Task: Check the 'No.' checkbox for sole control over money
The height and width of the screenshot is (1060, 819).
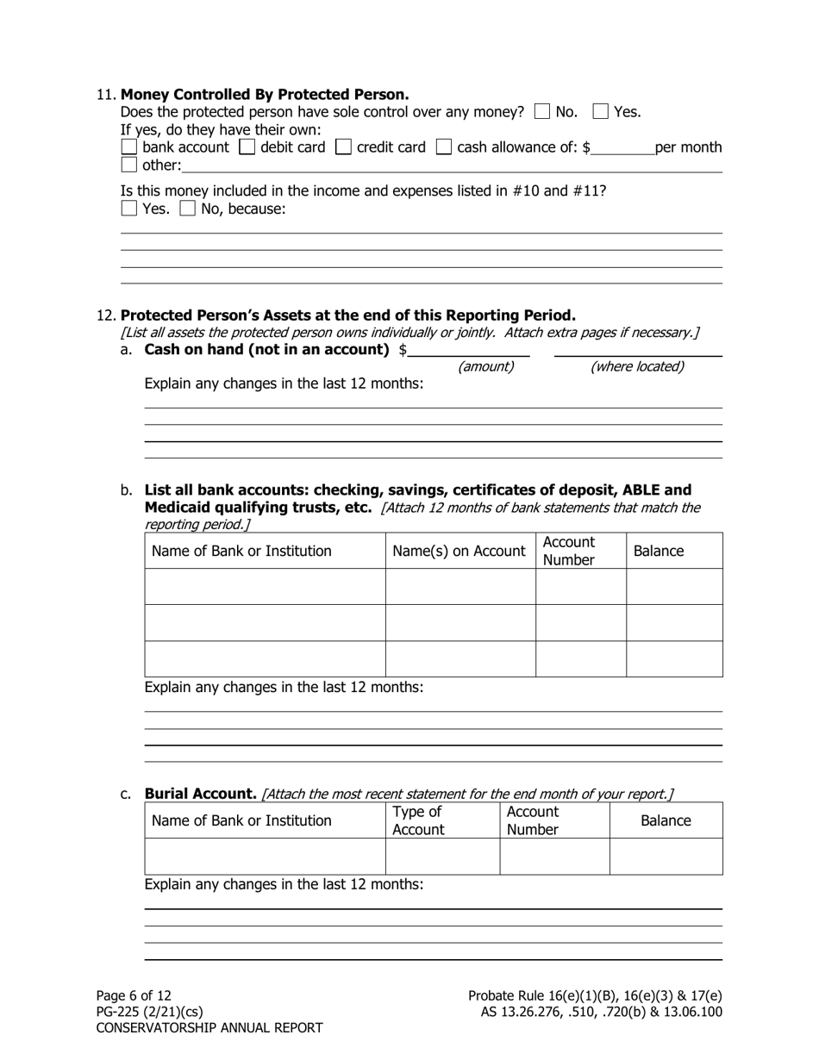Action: (542, 111)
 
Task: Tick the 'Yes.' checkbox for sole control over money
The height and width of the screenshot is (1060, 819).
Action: (601, 111)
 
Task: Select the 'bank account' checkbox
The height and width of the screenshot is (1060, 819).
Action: (128, 147)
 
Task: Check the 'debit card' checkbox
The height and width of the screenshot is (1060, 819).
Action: (247, 147)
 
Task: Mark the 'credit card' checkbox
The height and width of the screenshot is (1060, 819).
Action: (343, 147)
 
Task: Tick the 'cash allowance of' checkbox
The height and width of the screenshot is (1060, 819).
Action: (444, 147)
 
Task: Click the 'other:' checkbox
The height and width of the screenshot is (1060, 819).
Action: (128, 165)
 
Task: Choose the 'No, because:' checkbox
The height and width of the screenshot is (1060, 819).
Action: (187, 209)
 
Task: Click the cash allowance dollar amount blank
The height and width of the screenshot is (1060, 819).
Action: (622, 148)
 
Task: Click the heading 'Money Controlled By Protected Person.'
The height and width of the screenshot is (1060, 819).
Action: (265, 94)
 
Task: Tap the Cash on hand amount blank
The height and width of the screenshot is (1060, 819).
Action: (469, 349)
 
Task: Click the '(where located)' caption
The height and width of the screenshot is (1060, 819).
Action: (637, 367)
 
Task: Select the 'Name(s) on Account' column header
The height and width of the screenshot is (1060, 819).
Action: (459, 552)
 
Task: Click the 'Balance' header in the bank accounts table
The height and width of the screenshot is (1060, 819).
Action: (659, 552)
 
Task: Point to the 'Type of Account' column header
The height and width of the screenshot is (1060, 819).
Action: (418, 820)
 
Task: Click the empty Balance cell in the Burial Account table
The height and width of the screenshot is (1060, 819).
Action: (666, 857)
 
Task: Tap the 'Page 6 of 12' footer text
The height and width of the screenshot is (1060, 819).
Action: (134, 995)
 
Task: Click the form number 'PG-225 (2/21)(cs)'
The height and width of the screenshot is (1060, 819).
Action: (149, 1012)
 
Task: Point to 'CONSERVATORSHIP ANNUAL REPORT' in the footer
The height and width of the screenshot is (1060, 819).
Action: (209, 1028)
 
